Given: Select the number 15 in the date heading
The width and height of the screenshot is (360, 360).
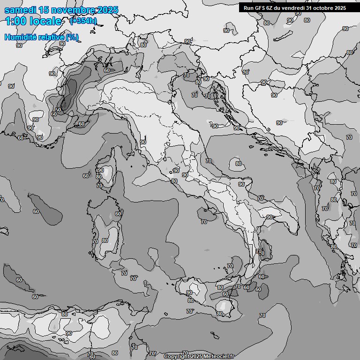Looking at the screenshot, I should (44, 10).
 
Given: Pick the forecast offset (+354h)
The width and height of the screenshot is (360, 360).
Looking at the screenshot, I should (83, 21).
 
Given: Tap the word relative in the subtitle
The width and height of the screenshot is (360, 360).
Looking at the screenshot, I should (51, 37).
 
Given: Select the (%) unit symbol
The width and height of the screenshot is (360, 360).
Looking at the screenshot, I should (72, 37).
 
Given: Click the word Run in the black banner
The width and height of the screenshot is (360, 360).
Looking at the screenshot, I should (249, 7).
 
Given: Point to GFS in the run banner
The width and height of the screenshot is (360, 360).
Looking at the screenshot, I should (260, 7).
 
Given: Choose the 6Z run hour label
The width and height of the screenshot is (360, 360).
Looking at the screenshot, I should (272, 7).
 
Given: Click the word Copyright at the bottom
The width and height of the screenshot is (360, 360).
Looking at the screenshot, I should (177, 357).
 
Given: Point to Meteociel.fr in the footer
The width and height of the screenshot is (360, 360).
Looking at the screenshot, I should (218, 357).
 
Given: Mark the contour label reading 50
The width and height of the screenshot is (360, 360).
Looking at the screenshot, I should (58, 110).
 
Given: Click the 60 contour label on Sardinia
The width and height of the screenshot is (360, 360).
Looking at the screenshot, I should (118, 214).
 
